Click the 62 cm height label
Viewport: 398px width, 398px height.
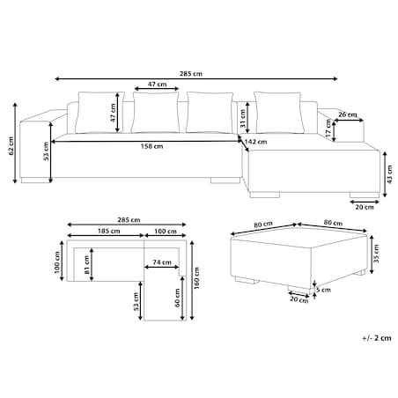(11, 145)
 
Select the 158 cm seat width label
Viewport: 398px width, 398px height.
(151, 146)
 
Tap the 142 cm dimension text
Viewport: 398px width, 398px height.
(256, 142)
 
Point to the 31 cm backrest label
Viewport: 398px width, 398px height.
(243, 119)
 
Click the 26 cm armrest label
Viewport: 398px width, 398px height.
(348, 114)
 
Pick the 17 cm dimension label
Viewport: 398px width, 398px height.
(328, 129)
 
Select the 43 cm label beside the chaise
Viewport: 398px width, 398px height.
(390, 174)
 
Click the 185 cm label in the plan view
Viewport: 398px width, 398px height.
(108, 231)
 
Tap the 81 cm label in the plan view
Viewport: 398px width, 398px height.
(87, 265)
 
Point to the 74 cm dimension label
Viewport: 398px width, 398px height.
(162, 262)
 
